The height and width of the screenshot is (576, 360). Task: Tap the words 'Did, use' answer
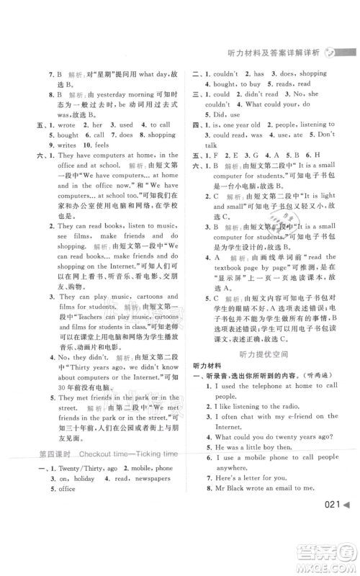(227, 113)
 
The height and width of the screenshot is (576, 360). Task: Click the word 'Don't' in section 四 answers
(326, 134)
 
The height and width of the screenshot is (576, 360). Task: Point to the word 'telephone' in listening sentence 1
(264, 385)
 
